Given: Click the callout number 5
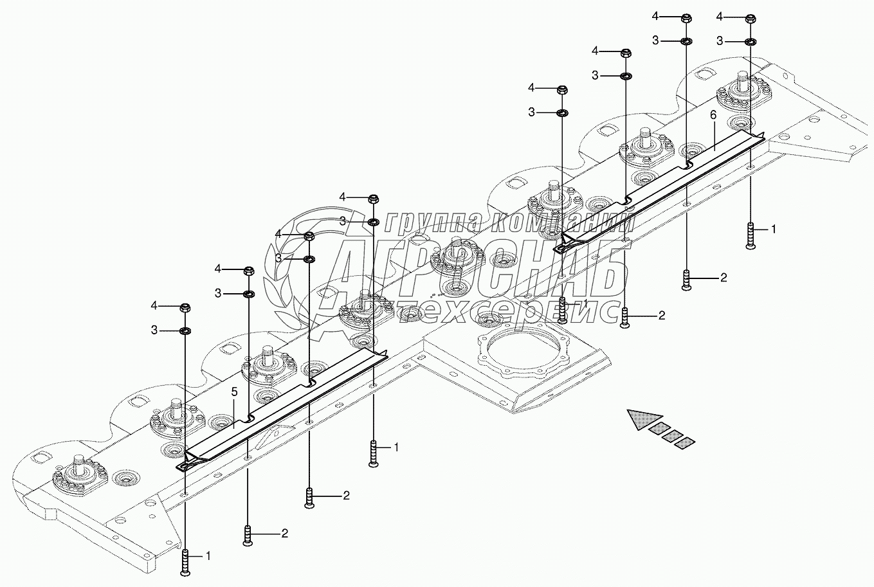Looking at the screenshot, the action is click(x=234, y=392).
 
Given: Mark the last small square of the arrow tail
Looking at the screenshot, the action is click(x=685, y=443).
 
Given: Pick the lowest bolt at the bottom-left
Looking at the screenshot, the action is click(x=185, y=562).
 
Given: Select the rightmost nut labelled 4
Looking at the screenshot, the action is click(x=749, y=19).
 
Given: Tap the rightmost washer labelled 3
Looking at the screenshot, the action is click(x=749, y=41).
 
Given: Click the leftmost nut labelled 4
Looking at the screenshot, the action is click(x=185, y=308).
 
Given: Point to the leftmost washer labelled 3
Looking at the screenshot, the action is click(x=185, y=331).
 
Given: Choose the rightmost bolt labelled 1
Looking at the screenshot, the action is click(x=751, y=235).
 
